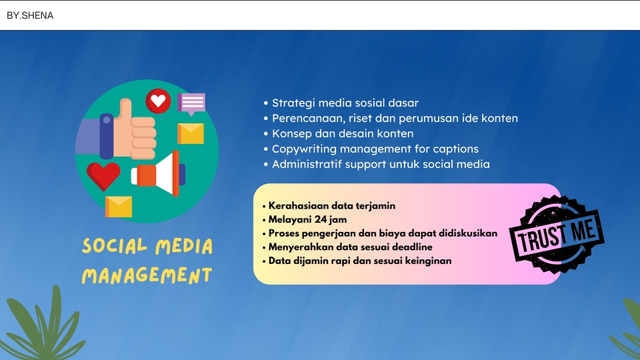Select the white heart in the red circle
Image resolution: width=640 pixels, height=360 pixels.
pyautogui.click(x=158, y=101)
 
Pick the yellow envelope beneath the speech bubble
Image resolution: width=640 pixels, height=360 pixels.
pyautogui.click(x=191, y=133)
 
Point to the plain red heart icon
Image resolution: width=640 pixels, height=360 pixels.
pyautogui.click(x=104, y=175)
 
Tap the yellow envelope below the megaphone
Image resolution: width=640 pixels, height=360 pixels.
pyautogui.click(x=119, y=207)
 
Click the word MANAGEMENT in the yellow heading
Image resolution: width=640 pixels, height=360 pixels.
pyautogui.click(x=147, y=275)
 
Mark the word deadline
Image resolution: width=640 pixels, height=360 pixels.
pyautogui.click(x=409, y=247)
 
